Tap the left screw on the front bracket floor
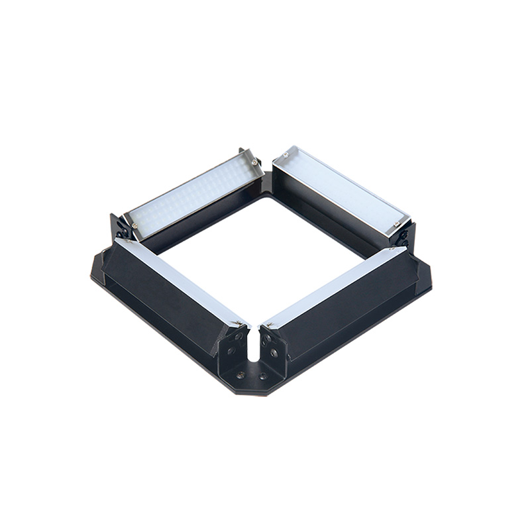[x=240, y=374]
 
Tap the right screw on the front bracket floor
[x=263, y=376]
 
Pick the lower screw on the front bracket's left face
[x=233, y=352]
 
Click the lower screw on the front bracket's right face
[x=274, y=353]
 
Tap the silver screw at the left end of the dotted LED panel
[x=134, y=226]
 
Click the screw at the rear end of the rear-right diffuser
[x=284, y=156]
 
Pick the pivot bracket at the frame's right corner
[x=405, y=235]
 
